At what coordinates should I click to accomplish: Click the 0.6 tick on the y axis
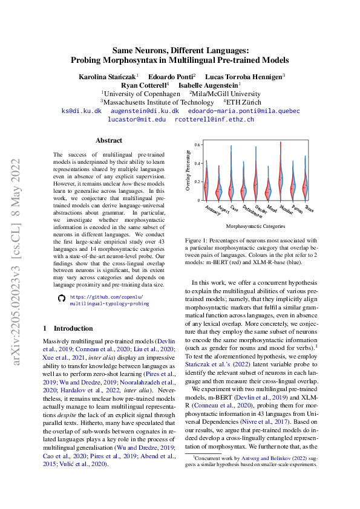[x=197, y=144]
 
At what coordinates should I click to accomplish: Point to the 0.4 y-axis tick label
[x=197, y=163]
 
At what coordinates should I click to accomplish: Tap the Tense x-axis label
[x=309, y=208]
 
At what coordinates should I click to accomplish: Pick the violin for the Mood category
[x=268, y=184]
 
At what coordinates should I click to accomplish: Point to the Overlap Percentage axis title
[x=188, y=173]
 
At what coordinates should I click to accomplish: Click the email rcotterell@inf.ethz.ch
[x=214, y=120]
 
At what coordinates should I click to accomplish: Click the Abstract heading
[x=109, y=140]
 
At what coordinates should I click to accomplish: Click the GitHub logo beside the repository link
[x=60, y=299]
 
